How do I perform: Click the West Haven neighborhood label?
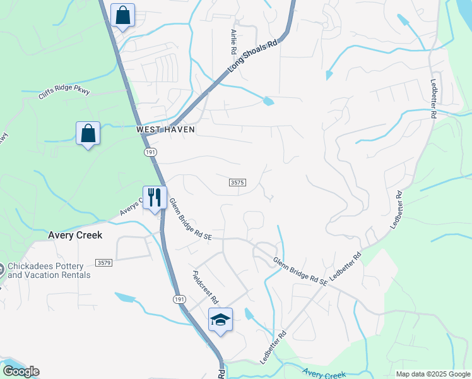(165, 129)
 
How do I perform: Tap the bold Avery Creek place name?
(75, 234)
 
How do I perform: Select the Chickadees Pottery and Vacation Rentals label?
(49, 271)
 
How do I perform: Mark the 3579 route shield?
(104, 262)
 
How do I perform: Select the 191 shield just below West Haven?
(150, 152)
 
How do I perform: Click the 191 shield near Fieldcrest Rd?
(179, 299)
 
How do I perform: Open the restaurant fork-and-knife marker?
(153, 197)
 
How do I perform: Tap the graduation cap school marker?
(220, 320)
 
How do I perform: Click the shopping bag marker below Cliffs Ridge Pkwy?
(88, 133)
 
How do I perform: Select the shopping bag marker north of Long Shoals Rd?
(122, 16)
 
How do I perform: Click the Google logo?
(21, 371)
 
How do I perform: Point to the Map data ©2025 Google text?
(432, 374)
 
